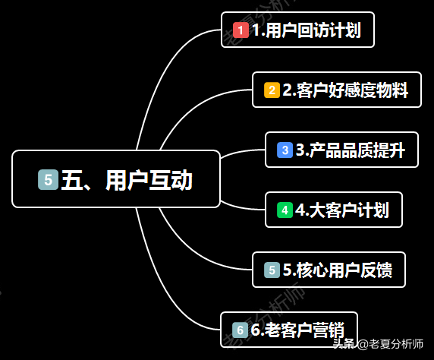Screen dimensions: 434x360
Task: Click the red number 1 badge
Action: tap(241, 30)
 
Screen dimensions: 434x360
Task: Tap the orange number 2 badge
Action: tap(272, 90)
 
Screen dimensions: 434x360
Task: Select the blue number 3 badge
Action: tap(285, 150)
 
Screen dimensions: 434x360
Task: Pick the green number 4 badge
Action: tap(285, 210)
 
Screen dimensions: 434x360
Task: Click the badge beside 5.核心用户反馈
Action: tap(272, 270)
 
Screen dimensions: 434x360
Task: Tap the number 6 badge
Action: tap(240, 330)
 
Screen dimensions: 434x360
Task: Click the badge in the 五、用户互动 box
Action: tap(48, 179)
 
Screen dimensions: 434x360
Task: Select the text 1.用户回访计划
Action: tap(307, 30)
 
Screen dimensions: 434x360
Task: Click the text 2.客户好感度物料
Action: tap(345, 90)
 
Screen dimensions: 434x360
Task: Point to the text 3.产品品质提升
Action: tap(351, 150)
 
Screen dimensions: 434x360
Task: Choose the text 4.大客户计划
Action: tap(342, 210)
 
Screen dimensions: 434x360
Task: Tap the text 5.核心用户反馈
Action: tap(338, 270)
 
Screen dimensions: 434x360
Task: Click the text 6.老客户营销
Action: tap(298, 330)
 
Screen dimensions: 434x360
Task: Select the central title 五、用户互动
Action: tap(127, 180)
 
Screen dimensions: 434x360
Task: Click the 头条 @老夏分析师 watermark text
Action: tap(378, 344)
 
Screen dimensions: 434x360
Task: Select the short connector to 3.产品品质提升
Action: tap(241, 152)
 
